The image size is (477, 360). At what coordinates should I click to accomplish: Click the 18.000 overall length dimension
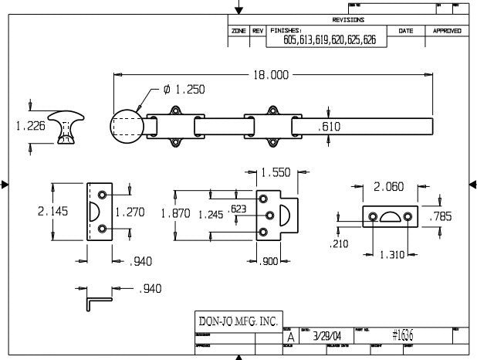point(272,74)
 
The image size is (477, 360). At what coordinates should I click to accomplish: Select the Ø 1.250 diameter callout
point(184,90)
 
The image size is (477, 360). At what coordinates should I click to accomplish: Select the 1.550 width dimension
point(276,173)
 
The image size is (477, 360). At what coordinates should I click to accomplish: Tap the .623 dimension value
point(238,209)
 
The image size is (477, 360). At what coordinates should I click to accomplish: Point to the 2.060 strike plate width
point(388,187)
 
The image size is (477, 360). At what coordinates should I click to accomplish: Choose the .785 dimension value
point(440,216)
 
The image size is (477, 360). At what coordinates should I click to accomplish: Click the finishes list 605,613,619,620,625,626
point(329,39)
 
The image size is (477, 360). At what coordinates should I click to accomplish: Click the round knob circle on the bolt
point(128,127)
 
